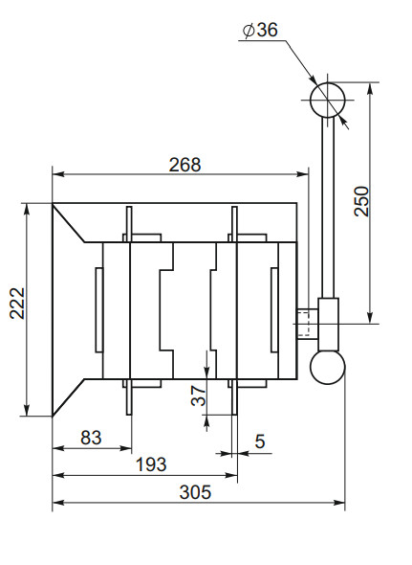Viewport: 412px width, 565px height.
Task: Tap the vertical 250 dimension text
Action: [x=360, y=200]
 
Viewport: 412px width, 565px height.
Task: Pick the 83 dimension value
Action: [x=91, y=437]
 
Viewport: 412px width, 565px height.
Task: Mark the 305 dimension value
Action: [x=195, y=492]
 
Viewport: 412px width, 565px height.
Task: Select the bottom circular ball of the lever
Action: [x=327, y=367]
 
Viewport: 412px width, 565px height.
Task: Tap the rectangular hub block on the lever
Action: [x=328, y=324]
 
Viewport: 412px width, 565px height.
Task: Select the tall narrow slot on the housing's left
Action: [x=98, y=310]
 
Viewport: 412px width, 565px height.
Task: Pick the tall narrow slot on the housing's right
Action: [x=274, y=310]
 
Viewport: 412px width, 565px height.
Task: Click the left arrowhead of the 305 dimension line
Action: [x=56, y=502]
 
